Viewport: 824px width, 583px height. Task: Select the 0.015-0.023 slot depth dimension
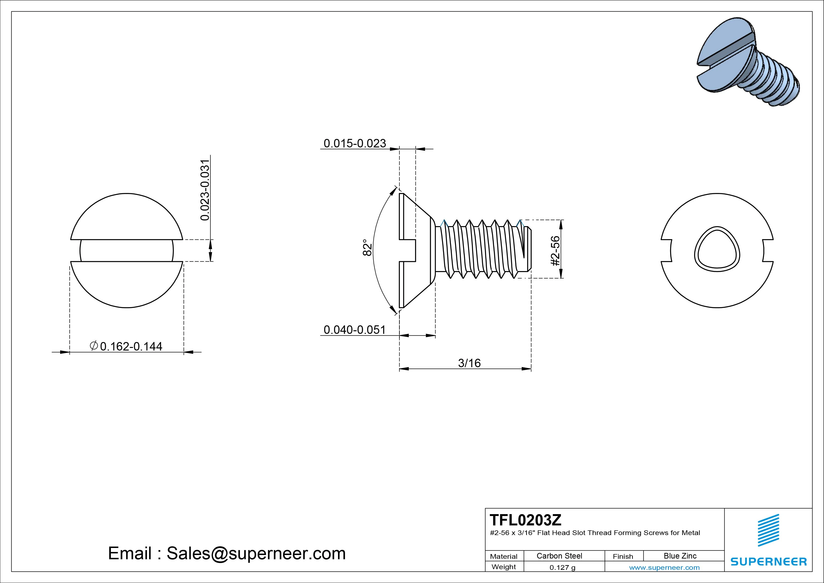click(x=355, y=143)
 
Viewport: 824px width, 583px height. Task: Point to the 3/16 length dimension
click(x=469, y=363)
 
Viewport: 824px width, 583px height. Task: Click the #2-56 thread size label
click(x=555, y=251)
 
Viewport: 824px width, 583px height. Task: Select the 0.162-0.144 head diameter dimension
click(x=131, y=346)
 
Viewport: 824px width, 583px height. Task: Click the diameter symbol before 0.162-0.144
click(x=94, y=346)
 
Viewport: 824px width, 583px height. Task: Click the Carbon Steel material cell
click(x=559, y=556)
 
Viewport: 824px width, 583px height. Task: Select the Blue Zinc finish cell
click(x=680, y=556)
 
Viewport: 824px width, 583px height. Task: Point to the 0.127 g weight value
click(x=562, y=567)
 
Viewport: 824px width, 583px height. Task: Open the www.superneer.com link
click(x=664, y=567)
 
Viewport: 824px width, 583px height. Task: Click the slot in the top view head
click(x=126, y=250)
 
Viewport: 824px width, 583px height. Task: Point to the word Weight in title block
click(x=504, y=567)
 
